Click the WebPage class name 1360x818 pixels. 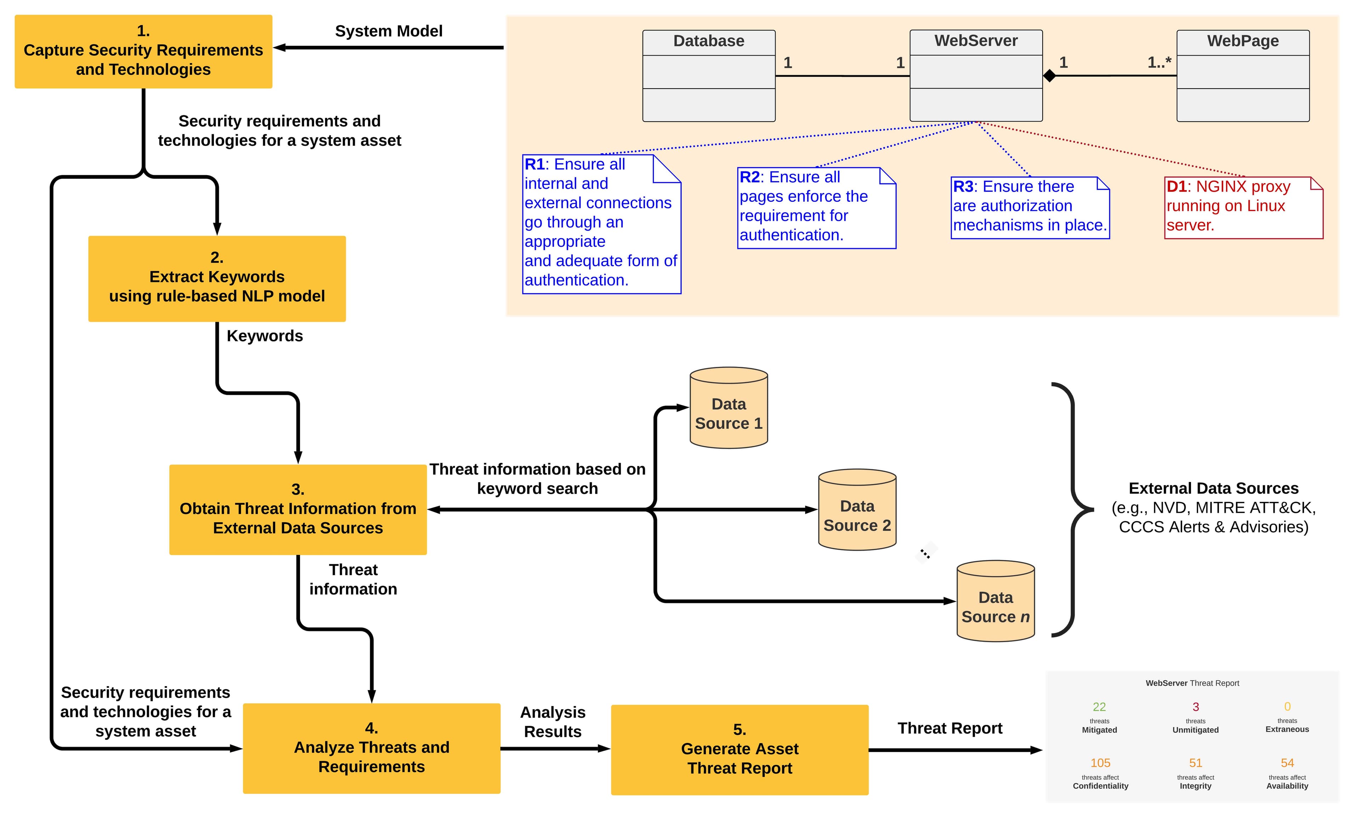coord(1243,41)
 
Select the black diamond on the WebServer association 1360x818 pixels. coord(1049,75)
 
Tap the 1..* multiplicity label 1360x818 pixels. coord(1159,62)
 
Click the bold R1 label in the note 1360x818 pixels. coord(534,164)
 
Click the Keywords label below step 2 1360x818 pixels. coord(265,336)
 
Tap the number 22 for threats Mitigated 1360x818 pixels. coord(1099,707)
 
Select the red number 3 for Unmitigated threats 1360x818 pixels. coord(1195,707)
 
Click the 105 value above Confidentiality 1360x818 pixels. coord(1100,763)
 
